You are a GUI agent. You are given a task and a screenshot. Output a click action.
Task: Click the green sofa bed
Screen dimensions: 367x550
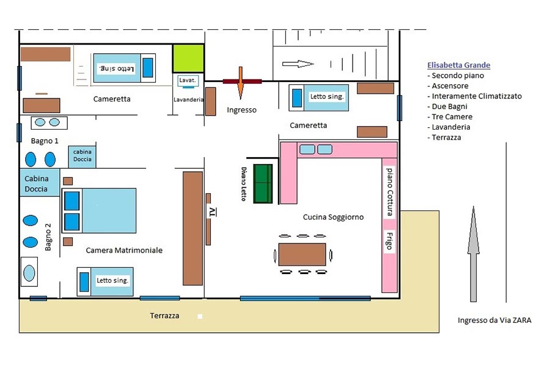pos(263,183)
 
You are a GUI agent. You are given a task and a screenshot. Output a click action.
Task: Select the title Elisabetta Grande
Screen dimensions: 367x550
pos(459,65)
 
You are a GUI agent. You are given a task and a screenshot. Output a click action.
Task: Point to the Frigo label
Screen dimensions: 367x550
pos(389,240)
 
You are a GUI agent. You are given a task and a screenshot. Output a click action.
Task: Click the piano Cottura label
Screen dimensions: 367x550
pos(389,192)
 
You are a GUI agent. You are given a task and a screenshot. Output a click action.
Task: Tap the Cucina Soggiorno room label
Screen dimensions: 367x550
pos(333,217)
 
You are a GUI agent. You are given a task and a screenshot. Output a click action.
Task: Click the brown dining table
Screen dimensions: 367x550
pos(302,254)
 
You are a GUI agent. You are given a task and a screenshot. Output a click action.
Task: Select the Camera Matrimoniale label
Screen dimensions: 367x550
pos(124,250)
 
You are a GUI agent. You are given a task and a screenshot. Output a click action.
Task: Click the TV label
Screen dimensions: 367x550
pos(212,212)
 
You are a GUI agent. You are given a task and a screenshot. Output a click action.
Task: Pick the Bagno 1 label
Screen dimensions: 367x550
pos(44,141)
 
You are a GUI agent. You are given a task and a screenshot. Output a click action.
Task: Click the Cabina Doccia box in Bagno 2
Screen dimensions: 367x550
pos(40,183)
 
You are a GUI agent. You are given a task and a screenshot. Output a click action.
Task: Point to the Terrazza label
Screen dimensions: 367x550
pos(165,316)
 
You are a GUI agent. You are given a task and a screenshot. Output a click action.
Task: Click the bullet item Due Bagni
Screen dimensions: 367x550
pos(451,106)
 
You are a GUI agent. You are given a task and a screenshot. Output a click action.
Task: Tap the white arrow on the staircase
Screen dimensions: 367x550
pos(298,64)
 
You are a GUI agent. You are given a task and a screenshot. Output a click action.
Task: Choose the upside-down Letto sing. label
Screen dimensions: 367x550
pos(117,68)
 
